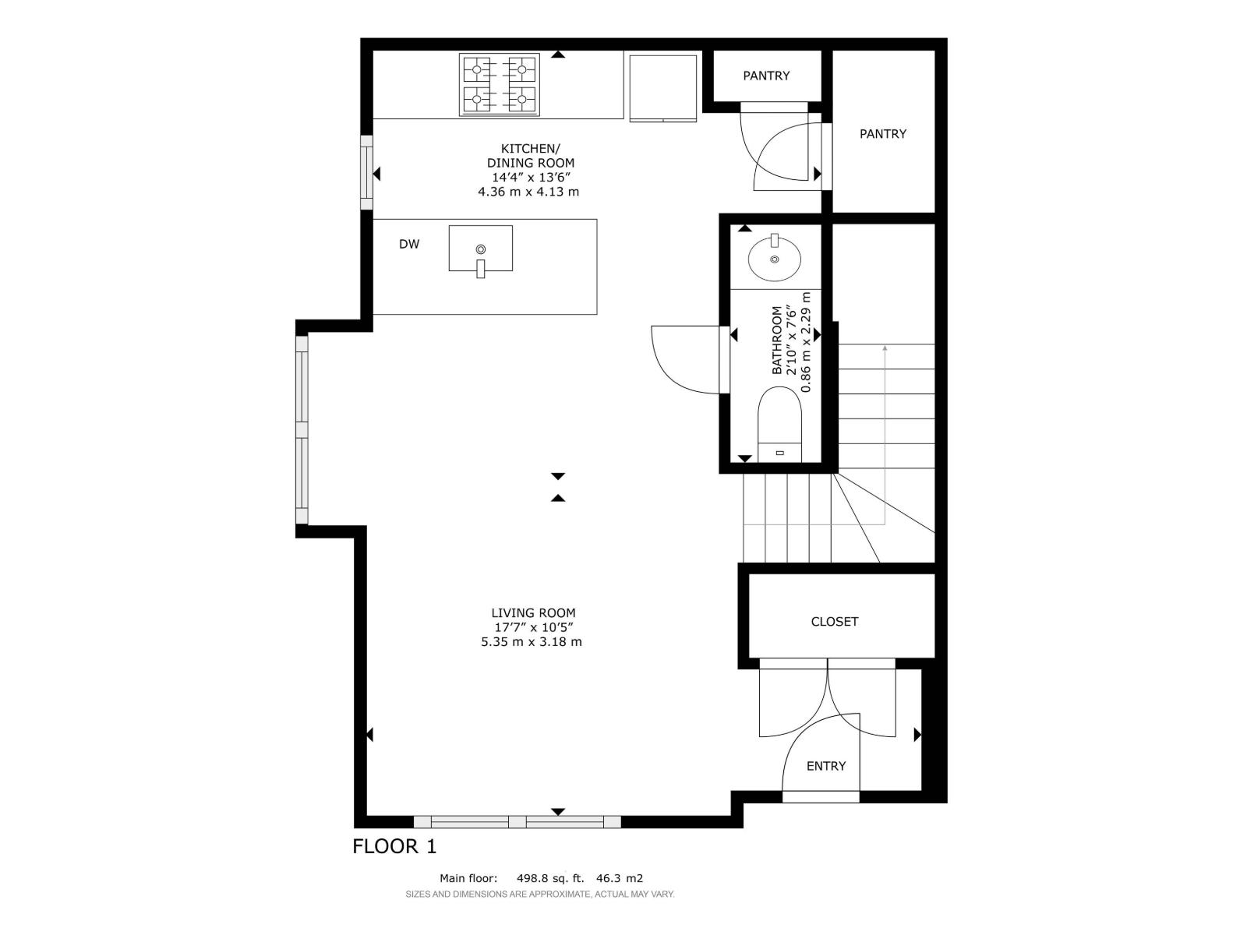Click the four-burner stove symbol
click(x=499, y=84)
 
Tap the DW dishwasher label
click(x=409, y=244)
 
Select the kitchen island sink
click(x=480, y=249)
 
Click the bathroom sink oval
click(x=774, y=258)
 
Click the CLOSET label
click(x=834, y=621)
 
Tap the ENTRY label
click(x=825, y=766)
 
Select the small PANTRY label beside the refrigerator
click(x=766, y=76)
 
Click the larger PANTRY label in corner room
click(x=882, y=134)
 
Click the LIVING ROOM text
click(x=533, y=613)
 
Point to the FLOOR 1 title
click(x=394, y=846)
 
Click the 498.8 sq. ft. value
click(x=549, y=877)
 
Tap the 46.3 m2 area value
click(x=620, y=877)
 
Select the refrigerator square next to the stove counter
click(x=662, y=87)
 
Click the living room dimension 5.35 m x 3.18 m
click(x=532, y=642)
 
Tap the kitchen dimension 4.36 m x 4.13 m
click(x=528, y=192)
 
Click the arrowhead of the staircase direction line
click(x=885, y=348)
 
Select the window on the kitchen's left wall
click(x=366, y=173)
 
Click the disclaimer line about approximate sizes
click(x=539, y=894)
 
